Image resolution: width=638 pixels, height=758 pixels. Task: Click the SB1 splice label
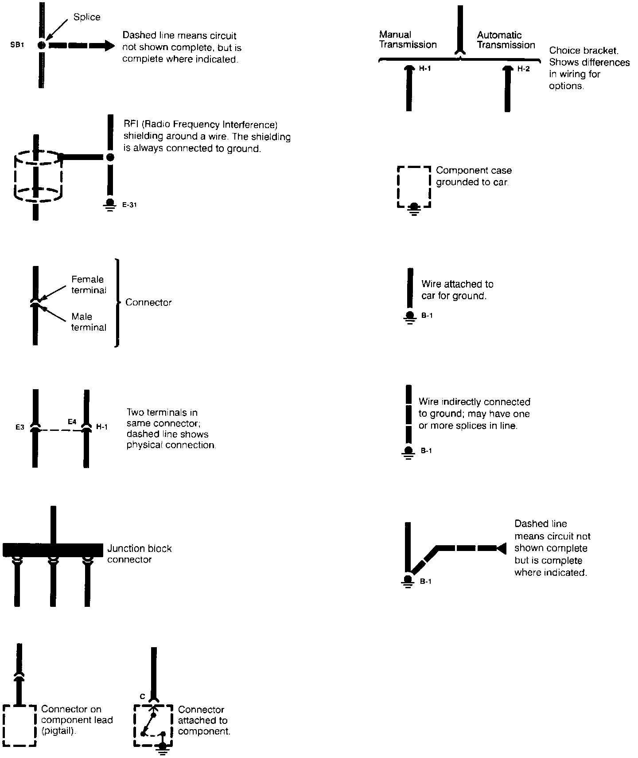pyautogui.click(x=17, y=45)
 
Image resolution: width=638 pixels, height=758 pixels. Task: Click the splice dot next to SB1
pyautogui.click(x=41, y=45)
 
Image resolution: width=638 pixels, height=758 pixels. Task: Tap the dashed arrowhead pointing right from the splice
pyautogui.click(x=109, y=45)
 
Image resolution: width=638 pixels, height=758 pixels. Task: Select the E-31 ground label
pyautogui.click(x=129, y=205)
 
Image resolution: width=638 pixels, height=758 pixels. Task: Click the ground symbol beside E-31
pyautogui.click(x=110, y=205)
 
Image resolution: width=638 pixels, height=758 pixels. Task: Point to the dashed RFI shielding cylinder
pyautogui.click(x=39, y=176)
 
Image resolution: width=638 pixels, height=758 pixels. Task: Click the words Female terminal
pyautogui.click(x=89, y=285)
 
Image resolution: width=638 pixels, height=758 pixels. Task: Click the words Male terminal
pyautogui.click(x=89, y=322)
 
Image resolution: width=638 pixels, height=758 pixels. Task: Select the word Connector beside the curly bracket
pyautogui.click(x=148, y=302)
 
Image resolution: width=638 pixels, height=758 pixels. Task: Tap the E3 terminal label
pyautogui.click(x=19, y=428)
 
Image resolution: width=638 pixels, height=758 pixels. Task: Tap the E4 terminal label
pyautogui.click(x=72, y=422)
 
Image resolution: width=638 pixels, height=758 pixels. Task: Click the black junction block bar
pyautogui.click(x=53, y=550)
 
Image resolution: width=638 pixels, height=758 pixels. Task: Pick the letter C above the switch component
pyautogui.click(x=143, y=696)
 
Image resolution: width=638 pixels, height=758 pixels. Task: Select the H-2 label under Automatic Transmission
pyautogui.click(x=524, y=69)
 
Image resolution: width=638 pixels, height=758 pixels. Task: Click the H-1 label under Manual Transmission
pyautogui.click(x=425, y=69)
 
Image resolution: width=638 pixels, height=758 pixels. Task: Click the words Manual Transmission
pyautogui.click(x=408, y=39)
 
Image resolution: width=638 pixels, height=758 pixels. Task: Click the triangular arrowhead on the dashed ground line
pyautogui.click(x=501, y=548)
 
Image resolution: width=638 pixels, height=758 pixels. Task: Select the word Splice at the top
pyautogui.click(x=87, y=17)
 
